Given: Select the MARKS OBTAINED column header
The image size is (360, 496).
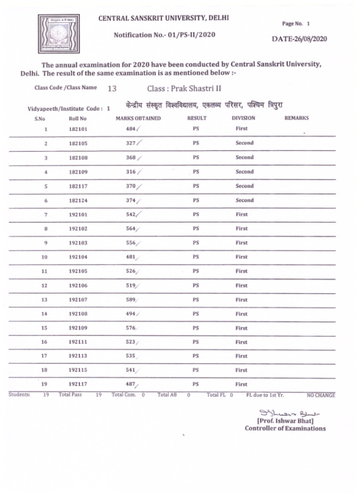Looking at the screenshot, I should pos(138,118).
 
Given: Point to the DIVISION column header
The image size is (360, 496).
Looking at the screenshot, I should pos(243,118).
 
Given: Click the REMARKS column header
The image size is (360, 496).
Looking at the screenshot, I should pos(297,118).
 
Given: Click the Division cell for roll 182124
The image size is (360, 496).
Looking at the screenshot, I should pos(244,201).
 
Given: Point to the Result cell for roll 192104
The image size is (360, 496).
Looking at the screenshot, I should pos(196,257).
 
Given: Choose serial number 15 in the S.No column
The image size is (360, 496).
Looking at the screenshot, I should pos(45,328).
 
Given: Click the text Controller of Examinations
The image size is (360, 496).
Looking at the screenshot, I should pos(285,429).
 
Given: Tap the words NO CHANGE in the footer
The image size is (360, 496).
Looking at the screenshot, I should pos(321,396).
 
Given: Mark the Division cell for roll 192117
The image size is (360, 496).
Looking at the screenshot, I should pos(242,384).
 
